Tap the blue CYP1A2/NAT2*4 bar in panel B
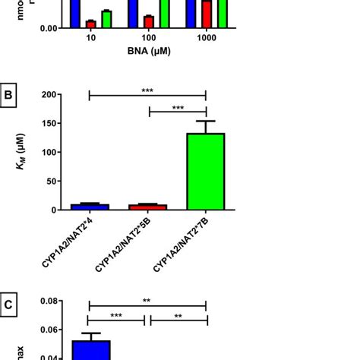90,207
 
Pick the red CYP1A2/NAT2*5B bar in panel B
148,207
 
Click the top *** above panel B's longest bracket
147,90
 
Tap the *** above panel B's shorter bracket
177,108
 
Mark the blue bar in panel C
90,350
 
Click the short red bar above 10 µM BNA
90,24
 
